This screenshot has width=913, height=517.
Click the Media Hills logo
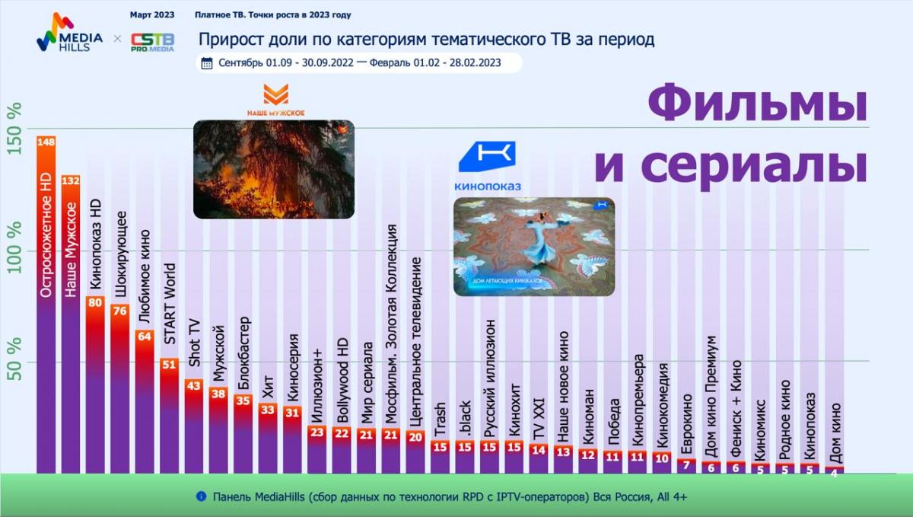click(69, 33)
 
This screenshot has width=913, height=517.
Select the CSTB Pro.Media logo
click(152, 42)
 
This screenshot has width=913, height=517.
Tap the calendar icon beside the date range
click(207, 63)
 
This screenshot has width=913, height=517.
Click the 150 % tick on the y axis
click(14, 129)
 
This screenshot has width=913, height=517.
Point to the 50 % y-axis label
click(14, 359)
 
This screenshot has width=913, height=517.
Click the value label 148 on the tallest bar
click(46, 142)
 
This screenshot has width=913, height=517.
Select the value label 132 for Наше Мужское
click(71, 180)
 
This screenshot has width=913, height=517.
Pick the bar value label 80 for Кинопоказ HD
click(95, 302)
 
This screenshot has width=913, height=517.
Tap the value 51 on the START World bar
click(169, 364)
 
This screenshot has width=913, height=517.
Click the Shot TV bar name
click(194, 343)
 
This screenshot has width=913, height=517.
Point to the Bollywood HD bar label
click(342, 380)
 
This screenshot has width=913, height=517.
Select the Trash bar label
click(441, 420)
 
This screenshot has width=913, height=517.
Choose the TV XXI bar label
click(539, 419)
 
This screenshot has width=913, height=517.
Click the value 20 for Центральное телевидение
click(415, 437)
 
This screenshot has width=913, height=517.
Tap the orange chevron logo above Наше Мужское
click(276, 94)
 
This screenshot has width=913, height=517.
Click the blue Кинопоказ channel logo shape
click(488, 156)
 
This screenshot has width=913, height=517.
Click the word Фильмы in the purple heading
click(757, 103)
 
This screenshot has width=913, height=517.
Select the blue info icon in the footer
click(202, 496)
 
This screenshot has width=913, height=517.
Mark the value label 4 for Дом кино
click(834, 474)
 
